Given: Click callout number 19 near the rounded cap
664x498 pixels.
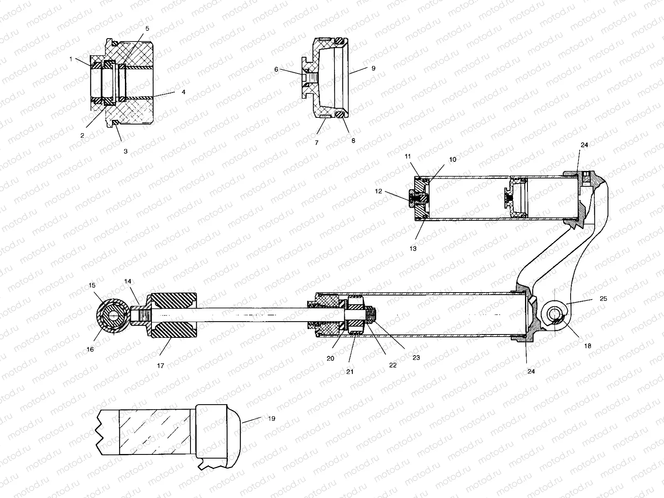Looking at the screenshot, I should pos(271,419).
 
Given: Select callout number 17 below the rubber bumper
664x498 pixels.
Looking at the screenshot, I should pos(160,366).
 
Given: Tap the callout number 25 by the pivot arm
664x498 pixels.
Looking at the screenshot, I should pos(603,298).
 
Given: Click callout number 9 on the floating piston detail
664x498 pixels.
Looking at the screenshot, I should pos(373,68).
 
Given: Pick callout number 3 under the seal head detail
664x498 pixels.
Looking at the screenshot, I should pos(125,151).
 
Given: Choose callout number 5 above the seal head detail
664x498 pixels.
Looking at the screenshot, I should pos(147,28).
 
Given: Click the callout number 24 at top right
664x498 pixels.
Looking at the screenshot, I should pos(584,145).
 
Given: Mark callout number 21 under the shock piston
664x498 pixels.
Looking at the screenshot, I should pos(349,371).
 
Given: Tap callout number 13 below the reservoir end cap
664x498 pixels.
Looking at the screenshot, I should pos(413,249).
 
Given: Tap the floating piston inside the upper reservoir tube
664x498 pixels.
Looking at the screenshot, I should pos(517,197).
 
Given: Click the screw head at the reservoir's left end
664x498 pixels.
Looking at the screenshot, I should pos(412,198).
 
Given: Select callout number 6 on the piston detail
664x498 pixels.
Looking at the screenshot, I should pos(276,70).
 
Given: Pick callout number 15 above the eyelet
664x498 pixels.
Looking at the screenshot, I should pos(92,286).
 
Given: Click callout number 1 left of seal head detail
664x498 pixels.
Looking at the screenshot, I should pos(71,59).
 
